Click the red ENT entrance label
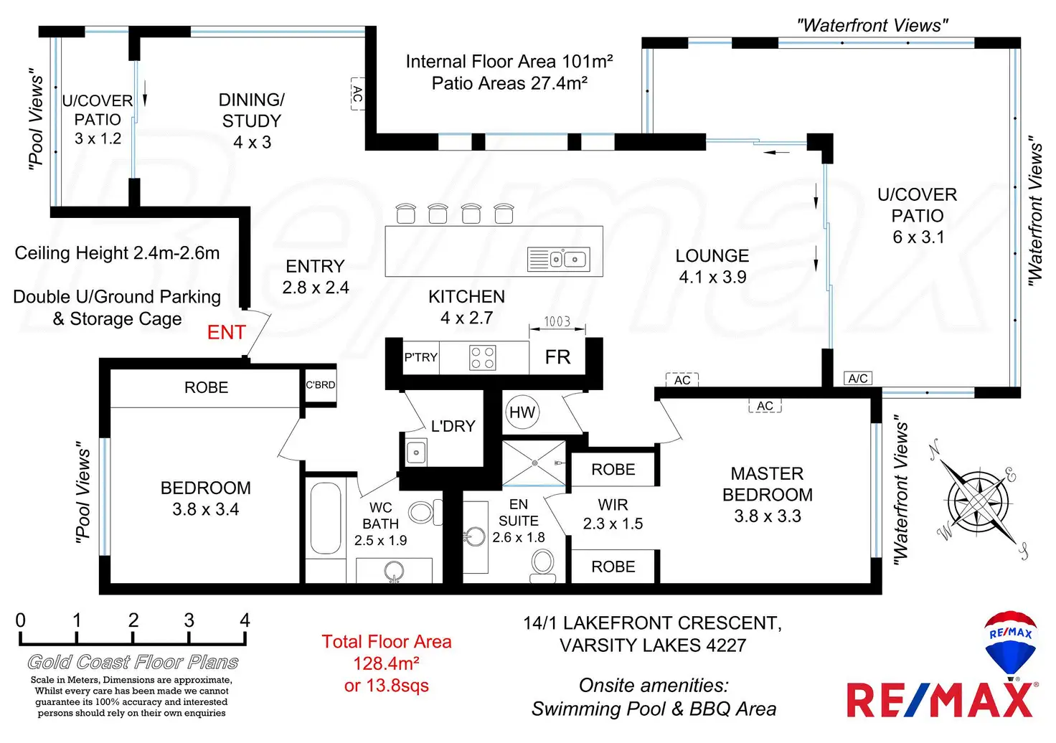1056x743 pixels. (x=226, y=333)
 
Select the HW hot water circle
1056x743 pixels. (x=522, y=412)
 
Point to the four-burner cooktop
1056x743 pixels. (x=482, y=357)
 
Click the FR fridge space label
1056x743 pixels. (x=557, y=357)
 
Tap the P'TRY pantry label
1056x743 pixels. (x=420, y=357)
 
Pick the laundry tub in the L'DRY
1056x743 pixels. (x=416, y=453)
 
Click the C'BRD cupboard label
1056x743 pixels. (x=320, y=385)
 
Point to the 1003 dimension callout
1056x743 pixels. (x=557, y=322)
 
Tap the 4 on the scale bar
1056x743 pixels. (x=245, y=620)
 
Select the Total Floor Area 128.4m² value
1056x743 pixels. (x=386, y=663)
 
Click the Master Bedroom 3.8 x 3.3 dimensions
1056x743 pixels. (x=767, y=516)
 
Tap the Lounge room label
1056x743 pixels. (x=712, y=256)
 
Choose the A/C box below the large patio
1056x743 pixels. (x=858, y=379)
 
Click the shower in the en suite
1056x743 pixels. (x=534, y=463)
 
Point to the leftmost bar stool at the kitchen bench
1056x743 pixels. (x=406, y=214)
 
